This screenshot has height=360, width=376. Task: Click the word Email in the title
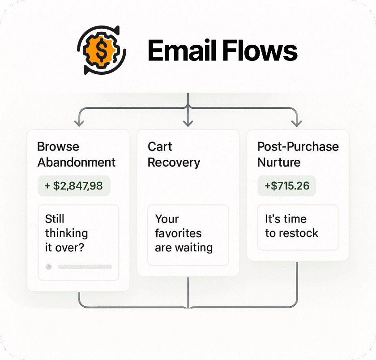(181, 51)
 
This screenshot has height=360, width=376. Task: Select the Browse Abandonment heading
(76, 154)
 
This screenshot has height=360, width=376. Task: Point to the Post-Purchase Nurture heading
(298, 154)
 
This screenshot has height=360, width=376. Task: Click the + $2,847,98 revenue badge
(74, 185)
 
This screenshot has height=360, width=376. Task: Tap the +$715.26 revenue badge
(286, 185)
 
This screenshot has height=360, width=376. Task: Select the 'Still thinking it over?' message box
(78, 242)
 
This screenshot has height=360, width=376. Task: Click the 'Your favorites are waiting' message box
(188, 235)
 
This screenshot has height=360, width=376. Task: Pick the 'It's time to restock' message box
(298, 227)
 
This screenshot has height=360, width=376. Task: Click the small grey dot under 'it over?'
(49, 267)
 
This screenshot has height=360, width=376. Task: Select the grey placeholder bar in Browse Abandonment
(85, 267)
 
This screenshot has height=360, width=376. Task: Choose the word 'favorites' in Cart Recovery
(178, 233)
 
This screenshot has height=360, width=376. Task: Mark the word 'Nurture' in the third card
(279, 162)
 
